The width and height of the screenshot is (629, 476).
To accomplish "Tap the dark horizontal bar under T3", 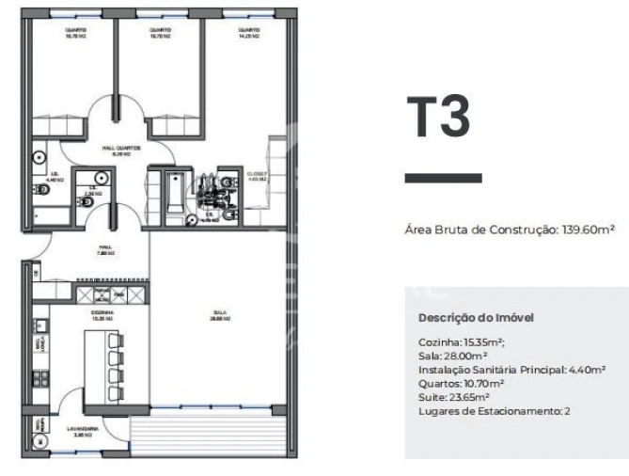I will click(x=443, y=177).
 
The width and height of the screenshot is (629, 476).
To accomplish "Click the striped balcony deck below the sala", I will click(x=209, y=434).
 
